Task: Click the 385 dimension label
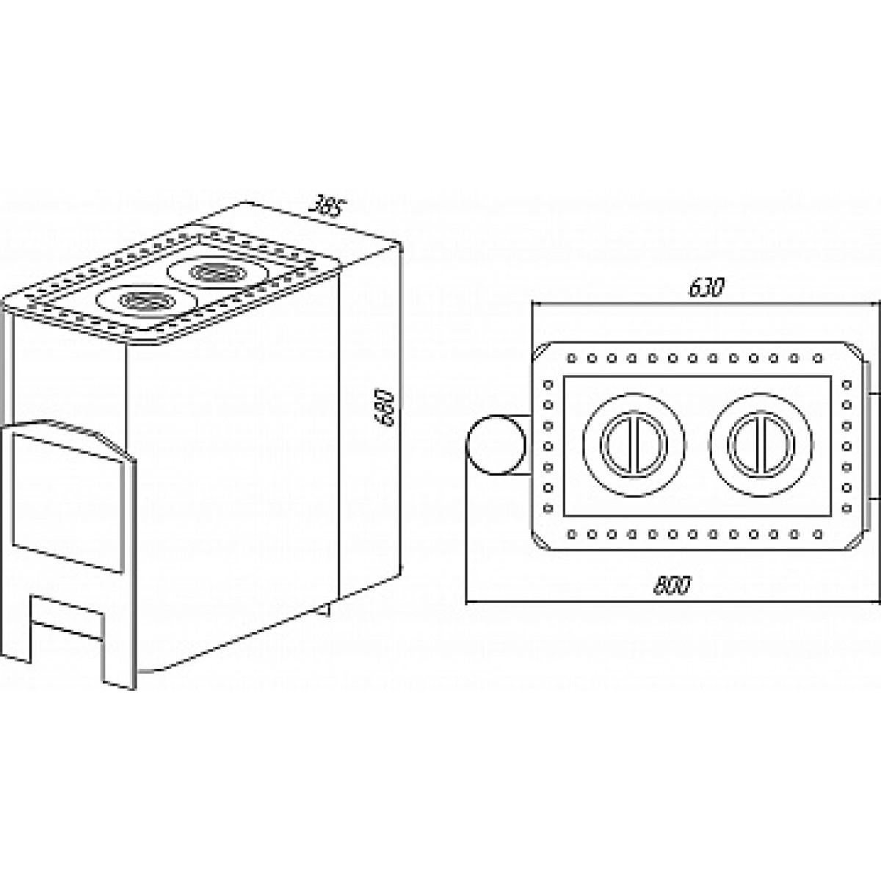(325, 208)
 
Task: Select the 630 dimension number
(706, 288)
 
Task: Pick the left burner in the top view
(634, 444)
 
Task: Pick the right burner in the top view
(761, 444)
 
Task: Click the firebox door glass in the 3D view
(68, 503)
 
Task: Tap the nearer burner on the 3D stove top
(147, 300)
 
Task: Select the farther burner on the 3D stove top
(217, 272)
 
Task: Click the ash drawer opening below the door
(66, 618)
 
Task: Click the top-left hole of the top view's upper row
(571, 359)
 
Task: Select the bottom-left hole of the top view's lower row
(571, 533)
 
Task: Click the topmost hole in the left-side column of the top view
(548, 385)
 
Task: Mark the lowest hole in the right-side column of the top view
(846, 507)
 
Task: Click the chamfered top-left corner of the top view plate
(539, 350)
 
